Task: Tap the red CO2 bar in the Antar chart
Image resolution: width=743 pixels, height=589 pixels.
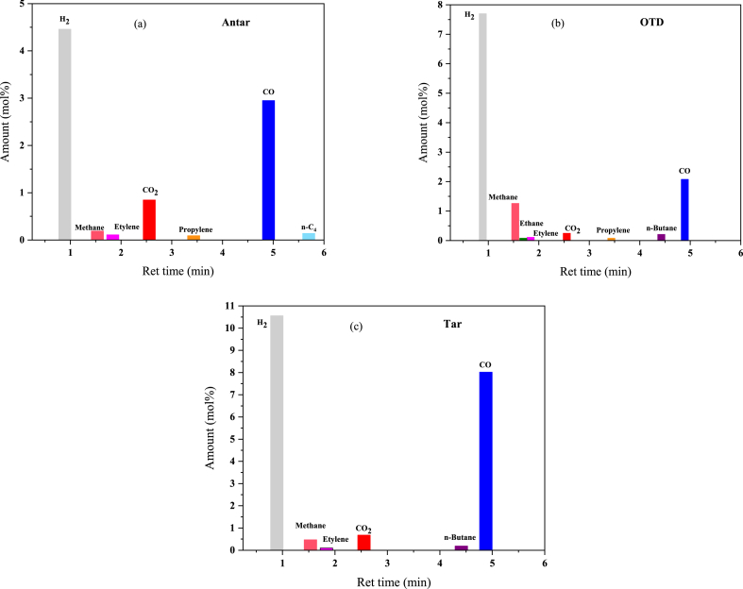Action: coord(149,219)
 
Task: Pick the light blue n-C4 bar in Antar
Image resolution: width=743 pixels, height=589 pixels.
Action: coord(309,236)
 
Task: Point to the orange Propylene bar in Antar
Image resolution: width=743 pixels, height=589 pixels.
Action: coord(194,237)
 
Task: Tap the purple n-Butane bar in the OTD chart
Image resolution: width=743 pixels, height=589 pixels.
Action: coord(661,237)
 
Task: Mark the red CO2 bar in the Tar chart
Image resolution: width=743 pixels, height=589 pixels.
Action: coord(363,542)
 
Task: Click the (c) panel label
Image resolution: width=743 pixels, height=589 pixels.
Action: coord(357,327)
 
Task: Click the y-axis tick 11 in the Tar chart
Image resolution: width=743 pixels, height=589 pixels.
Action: coord(228,306)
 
